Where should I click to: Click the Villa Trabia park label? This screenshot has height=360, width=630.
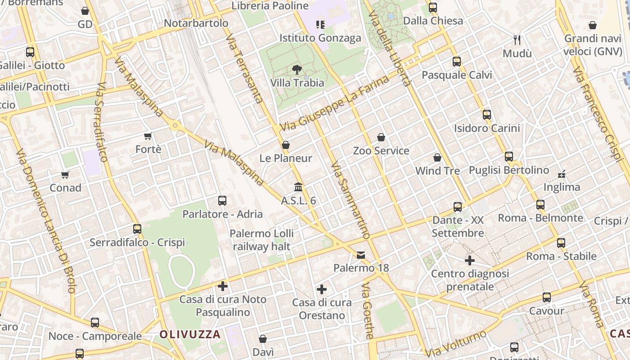297,83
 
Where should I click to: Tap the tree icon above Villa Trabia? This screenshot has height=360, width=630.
297,70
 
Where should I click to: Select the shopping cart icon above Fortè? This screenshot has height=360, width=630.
148,136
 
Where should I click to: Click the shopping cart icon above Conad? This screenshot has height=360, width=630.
65,175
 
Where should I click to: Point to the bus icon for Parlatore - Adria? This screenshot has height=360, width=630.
222,201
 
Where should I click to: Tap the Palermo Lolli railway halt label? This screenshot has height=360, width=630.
261,240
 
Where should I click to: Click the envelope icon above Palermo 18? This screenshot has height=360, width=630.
361,255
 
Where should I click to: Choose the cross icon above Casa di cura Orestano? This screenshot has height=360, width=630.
321,289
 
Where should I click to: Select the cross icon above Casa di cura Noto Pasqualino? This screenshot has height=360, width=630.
223,286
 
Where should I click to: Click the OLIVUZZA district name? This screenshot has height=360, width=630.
190,334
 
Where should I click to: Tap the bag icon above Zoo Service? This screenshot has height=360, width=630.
381,137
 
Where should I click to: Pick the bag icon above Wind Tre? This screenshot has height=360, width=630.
437,157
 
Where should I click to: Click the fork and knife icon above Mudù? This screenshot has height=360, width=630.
517,40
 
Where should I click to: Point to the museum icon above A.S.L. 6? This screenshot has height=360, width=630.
298,187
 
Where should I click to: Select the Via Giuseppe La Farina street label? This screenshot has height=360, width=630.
334,103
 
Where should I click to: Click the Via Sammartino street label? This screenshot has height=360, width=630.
350,200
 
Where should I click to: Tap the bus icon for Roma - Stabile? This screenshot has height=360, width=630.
561,243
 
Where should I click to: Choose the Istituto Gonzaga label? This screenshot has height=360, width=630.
320,38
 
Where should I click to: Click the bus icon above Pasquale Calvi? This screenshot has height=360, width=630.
457,62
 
